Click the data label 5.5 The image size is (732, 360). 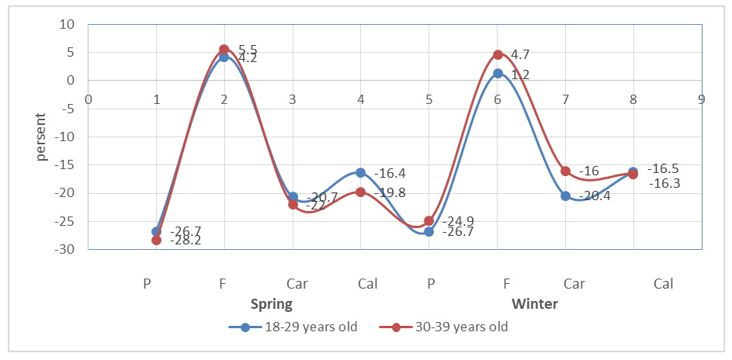click(x=248, y=48)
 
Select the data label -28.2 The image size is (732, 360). click(x=186, y=241)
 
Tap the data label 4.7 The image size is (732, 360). click(x=520, y=54)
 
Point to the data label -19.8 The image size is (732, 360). click(x=390, y=192)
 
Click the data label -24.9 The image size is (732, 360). click(x=458, y=220)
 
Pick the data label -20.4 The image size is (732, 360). click(x=595, y=196)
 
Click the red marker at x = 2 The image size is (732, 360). click(x=224, y=50)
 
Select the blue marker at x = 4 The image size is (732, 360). click(x=361, y=172)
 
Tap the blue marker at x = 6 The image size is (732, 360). click(x=498, y=74)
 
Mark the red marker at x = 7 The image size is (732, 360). click(x=566, y=171)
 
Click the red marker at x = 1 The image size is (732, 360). click(x=156, y=240)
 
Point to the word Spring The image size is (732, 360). click(x=271, y=303)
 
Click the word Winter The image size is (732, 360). click(x=534, y=303)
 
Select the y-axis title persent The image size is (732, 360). click(x=40, y=137)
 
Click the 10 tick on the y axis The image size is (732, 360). click(x=68, y=24)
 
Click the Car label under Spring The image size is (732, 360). click(x=297, y=283)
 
